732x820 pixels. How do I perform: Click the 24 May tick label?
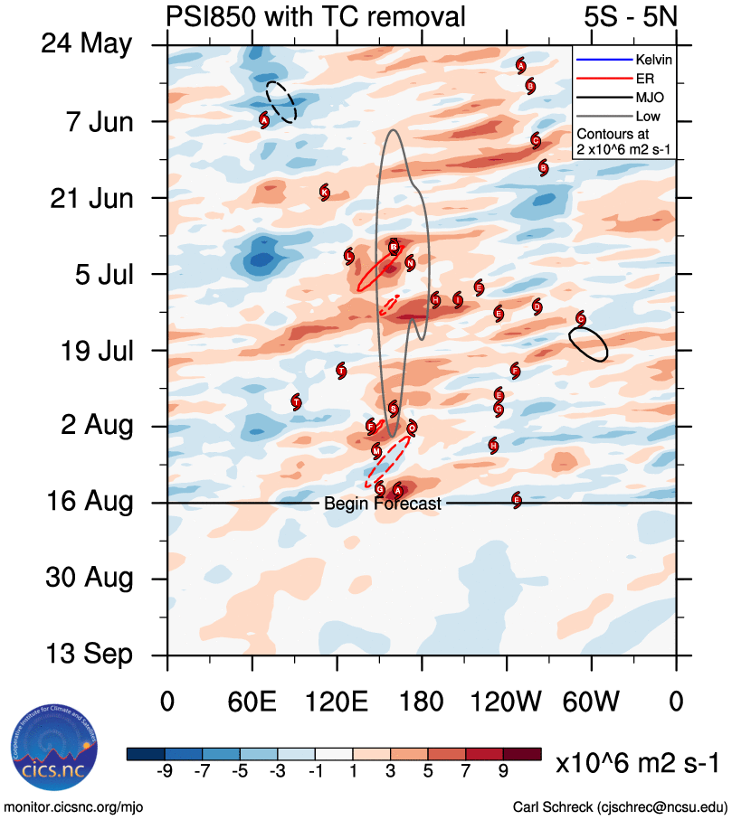point(87,45)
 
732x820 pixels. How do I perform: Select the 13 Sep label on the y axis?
point(89,655)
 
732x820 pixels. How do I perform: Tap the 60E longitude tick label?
point(252,702)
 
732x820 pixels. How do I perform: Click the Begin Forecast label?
point(383,504)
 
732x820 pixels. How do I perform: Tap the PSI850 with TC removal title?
point(316,16)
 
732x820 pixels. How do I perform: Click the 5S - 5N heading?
point(631,16)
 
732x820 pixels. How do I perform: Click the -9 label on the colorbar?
point(165,772)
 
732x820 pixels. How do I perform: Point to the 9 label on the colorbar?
point(502,772)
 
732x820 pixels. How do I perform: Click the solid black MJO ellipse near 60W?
point(588,344)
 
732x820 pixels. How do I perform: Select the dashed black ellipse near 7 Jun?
point(281,101)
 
